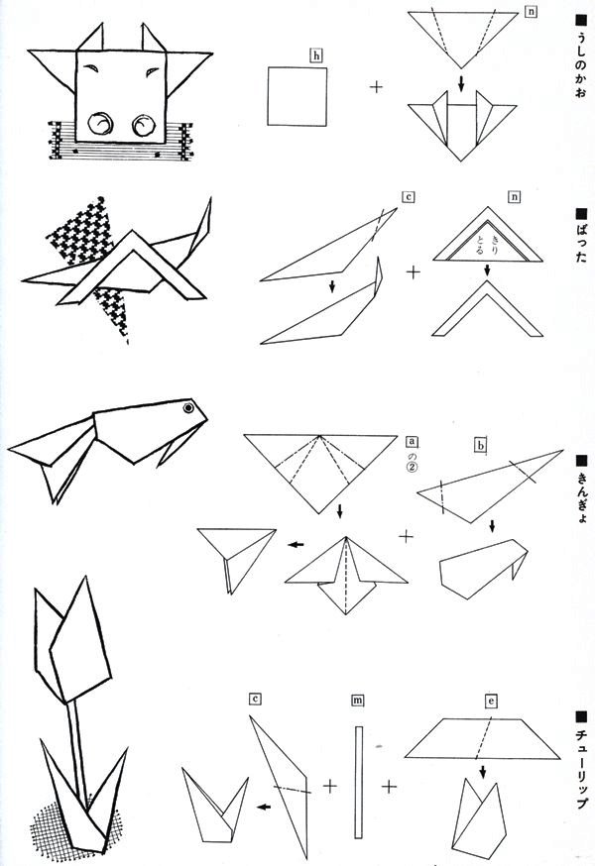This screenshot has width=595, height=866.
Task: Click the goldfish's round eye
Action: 189,408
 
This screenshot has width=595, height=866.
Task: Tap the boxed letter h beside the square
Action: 317,55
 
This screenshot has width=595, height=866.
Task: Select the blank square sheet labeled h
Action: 297,97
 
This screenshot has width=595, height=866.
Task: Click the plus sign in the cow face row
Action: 376,87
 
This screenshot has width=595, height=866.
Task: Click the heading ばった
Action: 580,235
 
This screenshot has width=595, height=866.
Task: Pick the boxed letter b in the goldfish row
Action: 481,445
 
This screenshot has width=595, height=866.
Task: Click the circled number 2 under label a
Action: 412,468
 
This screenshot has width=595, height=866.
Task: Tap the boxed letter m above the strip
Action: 358,701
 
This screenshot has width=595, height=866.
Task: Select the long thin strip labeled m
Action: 359,782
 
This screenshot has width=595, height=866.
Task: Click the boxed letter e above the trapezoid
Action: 491,702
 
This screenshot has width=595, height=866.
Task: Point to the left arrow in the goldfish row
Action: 296,545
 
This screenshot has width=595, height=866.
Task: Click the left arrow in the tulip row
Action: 264,807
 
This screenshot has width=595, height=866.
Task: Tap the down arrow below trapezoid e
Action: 483,771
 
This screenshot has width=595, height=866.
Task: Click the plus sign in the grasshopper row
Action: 414,272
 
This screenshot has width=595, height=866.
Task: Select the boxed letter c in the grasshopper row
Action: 409,197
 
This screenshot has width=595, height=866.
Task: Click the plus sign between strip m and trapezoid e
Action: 390,786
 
